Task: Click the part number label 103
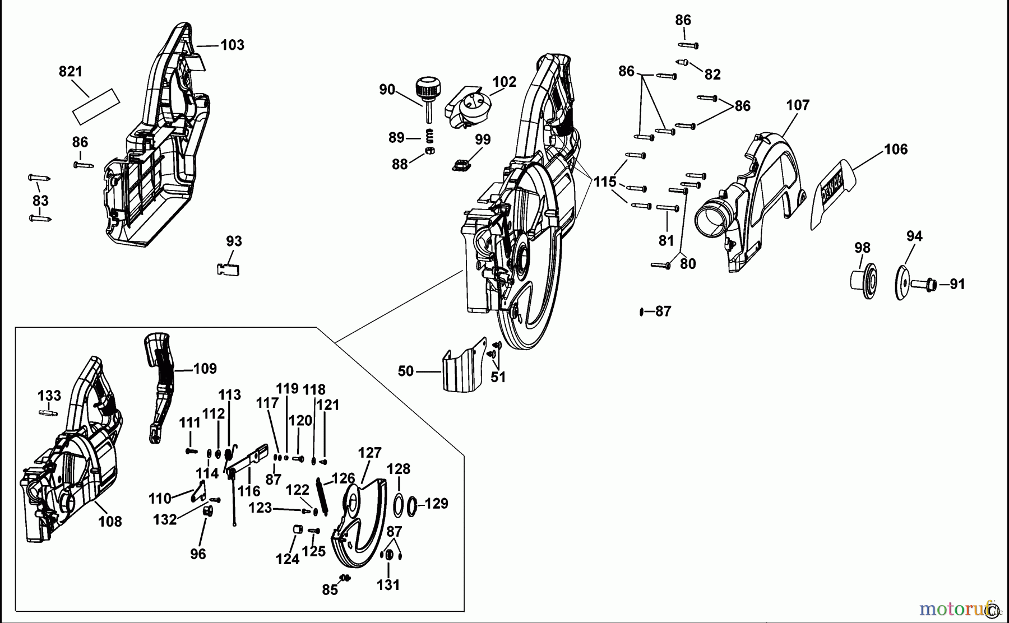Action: point(232,45)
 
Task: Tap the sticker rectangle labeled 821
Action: point(97,106)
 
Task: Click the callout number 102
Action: point(503,82)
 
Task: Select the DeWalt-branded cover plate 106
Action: point(834,192)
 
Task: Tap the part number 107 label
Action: point(797,105)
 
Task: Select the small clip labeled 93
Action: point(228,269)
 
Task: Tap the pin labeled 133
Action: point(48,413)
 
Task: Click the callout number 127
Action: point(369,453)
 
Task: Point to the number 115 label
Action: point(605,182)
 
